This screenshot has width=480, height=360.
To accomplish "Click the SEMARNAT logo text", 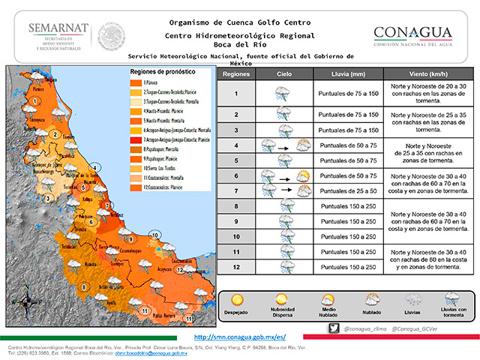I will coord(58,28).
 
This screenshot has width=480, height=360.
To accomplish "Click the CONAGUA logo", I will coord(423,34).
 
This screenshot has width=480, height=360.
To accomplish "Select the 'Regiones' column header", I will coord(236,76).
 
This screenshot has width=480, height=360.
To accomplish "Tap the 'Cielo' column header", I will coord(284,76).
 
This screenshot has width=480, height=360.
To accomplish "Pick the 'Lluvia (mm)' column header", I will coord(346,76).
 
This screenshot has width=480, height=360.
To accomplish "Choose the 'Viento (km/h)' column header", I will coord(427,76).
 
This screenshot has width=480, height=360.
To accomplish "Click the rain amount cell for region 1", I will coord(346,94).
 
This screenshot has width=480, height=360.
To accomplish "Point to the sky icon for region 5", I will coord(284,160).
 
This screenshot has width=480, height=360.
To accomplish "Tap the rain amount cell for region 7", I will coord(346,190).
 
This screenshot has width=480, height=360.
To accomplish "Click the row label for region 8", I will coord(236,205).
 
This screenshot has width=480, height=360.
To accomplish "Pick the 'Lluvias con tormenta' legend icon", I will coord(452,300).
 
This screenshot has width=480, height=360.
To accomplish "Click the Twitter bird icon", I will coord(334,328).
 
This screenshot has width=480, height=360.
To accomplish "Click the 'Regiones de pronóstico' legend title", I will coord(162,71).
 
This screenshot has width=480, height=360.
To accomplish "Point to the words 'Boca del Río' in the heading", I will coord(240,45).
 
